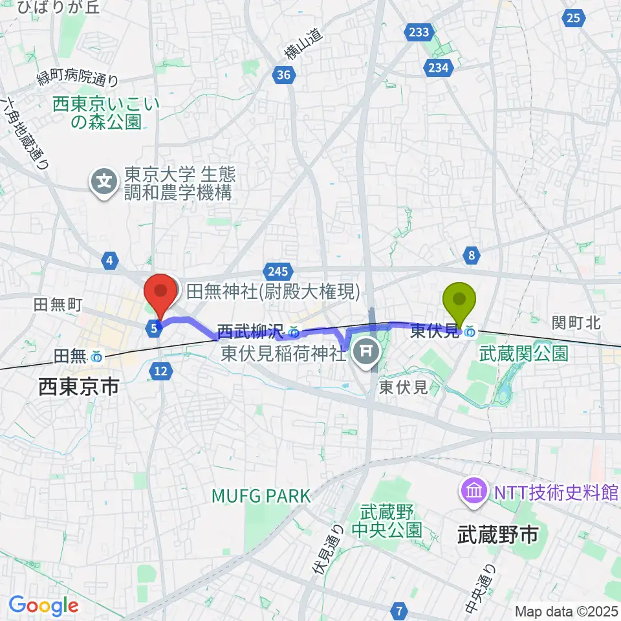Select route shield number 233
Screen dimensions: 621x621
point(419,32)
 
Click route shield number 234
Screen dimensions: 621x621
point(437,67)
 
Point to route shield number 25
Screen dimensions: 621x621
point(573,18)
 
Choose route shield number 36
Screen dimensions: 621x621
point(283,76)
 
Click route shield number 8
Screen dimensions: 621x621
point(472,256)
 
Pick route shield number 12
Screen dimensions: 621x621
point(161,370)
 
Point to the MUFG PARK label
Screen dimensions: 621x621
point(262,496)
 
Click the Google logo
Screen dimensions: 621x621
point(43,605)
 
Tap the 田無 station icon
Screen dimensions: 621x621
point(96,356)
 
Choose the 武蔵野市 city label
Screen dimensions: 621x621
point(498,534)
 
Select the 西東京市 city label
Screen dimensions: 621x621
point(78,386)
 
